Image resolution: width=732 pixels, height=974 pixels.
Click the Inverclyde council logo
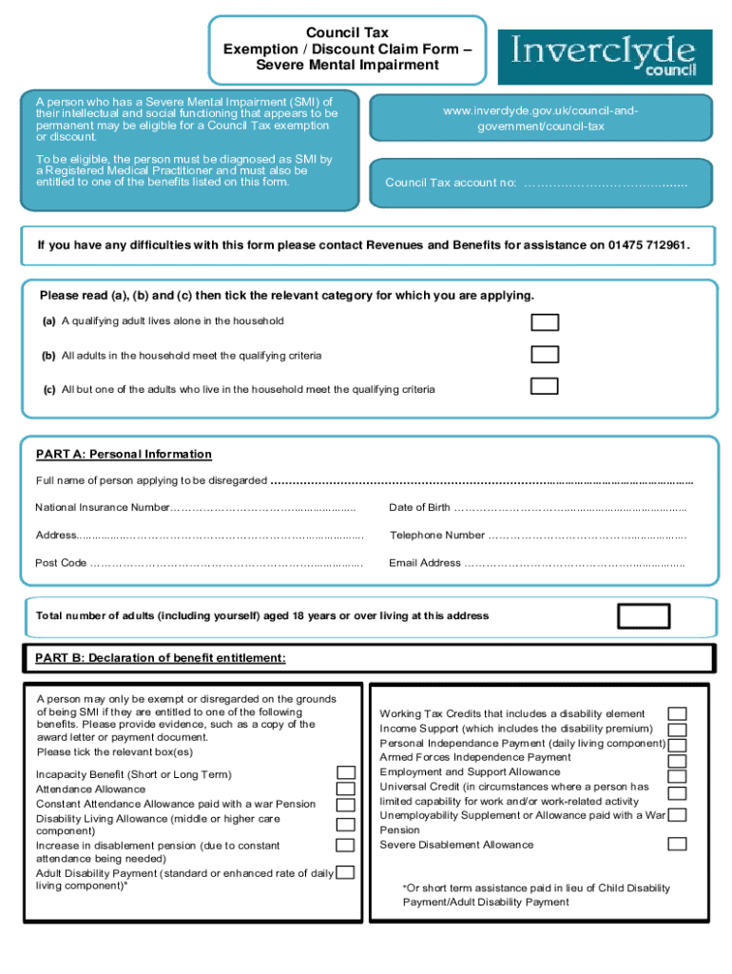tap(610, 56)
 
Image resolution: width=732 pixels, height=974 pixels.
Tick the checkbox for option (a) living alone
tap(545, 321)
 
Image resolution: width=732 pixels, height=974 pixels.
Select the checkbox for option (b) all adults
tap(545, 355)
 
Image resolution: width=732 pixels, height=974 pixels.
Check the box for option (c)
tap(545, 386)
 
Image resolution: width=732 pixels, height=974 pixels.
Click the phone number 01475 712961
tap(644, 245)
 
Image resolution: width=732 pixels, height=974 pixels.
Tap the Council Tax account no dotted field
tap(606, 183)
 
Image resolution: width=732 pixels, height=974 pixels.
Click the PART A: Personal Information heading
tap(124, 455)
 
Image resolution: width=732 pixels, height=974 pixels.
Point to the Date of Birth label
tap(419, 508)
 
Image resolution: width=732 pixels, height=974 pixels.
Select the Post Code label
tap(61, 563)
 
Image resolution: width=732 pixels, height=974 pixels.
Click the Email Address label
tap(425, 563)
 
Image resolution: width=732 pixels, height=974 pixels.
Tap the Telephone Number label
tap(436, 536)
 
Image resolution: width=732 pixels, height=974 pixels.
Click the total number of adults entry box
tap(644, 616)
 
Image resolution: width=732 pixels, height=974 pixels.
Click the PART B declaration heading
tap(160, 658)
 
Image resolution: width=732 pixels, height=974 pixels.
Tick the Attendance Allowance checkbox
tap(346, 789)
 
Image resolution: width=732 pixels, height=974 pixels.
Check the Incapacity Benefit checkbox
tap(346, 773)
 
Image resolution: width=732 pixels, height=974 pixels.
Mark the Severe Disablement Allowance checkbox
tap(677, 844)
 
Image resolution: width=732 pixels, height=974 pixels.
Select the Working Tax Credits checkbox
tap(677, 713)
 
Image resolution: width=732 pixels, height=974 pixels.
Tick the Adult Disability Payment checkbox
tap(346, 872)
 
